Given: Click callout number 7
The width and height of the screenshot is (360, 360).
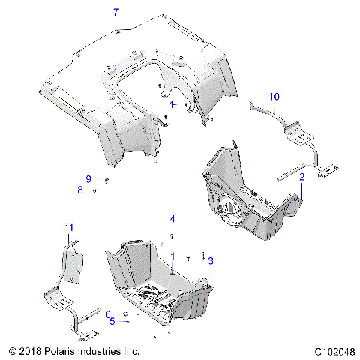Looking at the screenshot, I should [115, 12].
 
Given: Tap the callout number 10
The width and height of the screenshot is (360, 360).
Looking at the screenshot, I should [274, 97].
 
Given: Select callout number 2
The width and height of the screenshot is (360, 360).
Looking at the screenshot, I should [302, 178].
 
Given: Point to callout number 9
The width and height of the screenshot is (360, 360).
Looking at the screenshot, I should [88, 179].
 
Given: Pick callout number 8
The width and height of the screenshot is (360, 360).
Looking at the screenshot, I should [81, 190].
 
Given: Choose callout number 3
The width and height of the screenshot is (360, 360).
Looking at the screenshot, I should [211, 260].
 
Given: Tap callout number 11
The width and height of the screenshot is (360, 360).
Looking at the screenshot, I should [68, 228].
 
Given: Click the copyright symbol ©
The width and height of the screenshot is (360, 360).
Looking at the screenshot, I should [12, 351].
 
